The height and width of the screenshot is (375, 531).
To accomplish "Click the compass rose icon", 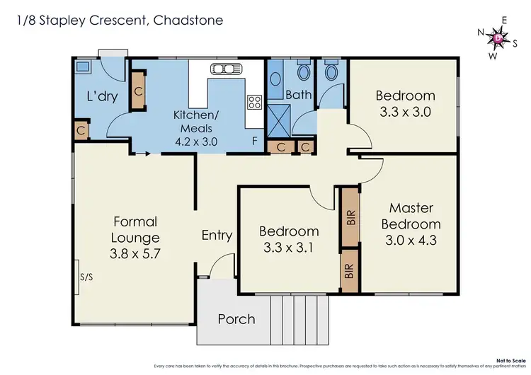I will pyautogui.click(x=501, y=37).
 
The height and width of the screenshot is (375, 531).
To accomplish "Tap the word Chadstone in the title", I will pyautogui.click(x=188, y=20).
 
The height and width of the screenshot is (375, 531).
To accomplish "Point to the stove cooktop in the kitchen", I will pyautogui.click(x=253, y=102).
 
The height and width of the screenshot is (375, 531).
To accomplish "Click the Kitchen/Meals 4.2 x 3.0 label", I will pyautogui.click(x=195, y=127).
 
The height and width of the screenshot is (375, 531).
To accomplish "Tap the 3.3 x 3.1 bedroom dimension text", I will pyautogui.click(x=289, y=248).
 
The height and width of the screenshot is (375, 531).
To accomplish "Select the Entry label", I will pyautogui.click(x=217, y=236).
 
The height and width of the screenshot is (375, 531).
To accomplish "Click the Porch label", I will pyautogui.click(x=236, y=319).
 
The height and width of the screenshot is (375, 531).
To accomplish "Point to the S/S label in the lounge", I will pyautogui.click(x=87, y=277).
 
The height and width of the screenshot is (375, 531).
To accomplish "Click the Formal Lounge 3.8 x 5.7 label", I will pyautogui.click(x=135, y=238).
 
